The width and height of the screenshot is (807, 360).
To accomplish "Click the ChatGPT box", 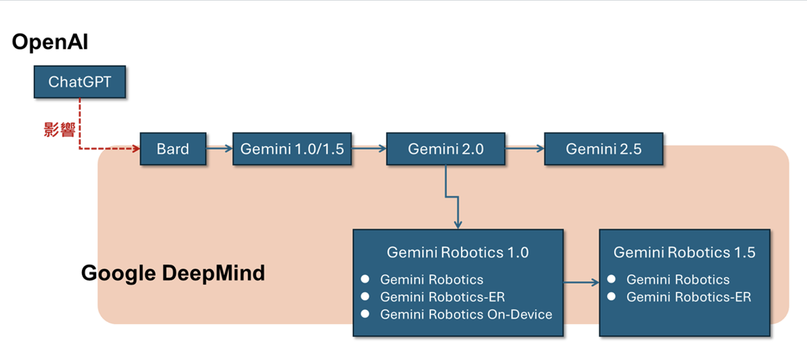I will pos(80,82).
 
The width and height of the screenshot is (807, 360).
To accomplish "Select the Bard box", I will pos(173,149).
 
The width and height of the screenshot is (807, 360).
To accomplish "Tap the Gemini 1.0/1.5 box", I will pos(292,149).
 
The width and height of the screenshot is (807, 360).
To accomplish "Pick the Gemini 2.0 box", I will pos(446,149).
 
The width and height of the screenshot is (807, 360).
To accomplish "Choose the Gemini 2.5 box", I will pos(603,149).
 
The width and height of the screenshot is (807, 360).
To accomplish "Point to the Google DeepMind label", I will pos(173,272).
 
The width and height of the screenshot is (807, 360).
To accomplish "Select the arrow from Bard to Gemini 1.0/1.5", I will pos(219,149).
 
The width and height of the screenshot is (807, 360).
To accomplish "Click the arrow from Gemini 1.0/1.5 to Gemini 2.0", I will pos(369,149).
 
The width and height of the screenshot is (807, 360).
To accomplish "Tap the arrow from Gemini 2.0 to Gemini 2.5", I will pos(525,149).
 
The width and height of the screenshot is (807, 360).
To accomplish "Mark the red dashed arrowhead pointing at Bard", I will pos(136,149).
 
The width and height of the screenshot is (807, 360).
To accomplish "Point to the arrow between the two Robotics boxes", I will pos(581,282).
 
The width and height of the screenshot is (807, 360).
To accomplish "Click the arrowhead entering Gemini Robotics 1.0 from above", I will pos(457,225).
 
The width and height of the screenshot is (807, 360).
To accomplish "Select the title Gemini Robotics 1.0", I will pos(457,252).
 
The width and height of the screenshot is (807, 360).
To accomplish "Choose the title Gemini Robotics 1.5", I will pos(684,252).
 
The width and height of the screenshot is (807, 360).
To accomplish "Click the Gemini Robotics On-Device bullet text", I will pos(466,315).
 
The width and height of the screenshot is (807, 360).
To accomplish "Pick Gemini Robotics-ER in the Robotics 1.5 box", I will pos(689,297).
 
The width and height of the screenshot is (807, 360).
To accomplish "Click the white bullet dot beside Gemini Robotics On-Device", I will pos(366,314).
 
